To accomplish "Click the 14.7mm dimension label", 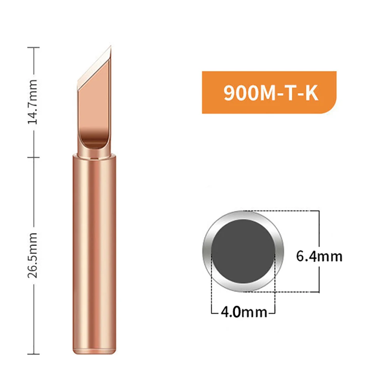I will [x=34, y=102].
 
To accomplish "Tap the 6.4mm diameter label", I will [x=319, y=256].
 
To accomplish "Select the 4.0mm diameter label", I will [x=244, y=312].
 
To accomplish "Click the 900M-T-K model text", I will [x=271, y=93].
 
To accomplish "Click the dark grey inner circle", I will [x=243, y=251].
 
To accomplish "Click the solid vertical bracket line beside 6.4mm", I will [x=319, y=233].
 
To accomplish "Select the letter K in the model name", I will [x=311, y=93].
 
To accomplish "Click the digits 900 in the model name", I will [x=238, y=93].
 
